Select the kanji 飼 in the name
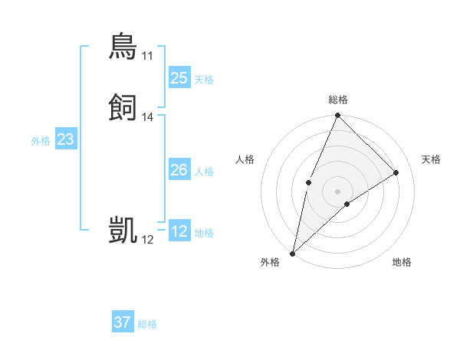pos(123,107)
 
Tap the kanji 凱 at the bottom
pos(123,230)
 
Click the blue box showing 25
pos(179,78)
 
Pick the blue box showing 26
pos(179,170)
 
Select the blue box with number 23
pos(65,139)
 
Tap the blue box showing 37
pos(123,322)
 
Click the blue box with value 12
pos(179,231)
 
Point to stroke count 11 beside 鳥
pos(147,56)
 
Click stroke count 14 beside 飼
pos(147,117)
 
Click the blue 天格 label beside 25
pos(204,80)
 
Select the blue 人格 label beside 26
pos(204,172)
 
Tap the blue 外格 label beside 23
pos(41,141)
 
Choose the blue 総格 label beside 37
pos(147,324)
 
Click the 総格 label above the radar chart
pos(338,100)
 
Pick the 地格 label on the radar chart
pos(402,262)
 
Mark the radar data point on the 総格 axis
pos(337,116)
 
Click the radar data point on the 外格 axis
pos(292,253)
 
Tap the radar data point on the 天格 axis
pos(396,172)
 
